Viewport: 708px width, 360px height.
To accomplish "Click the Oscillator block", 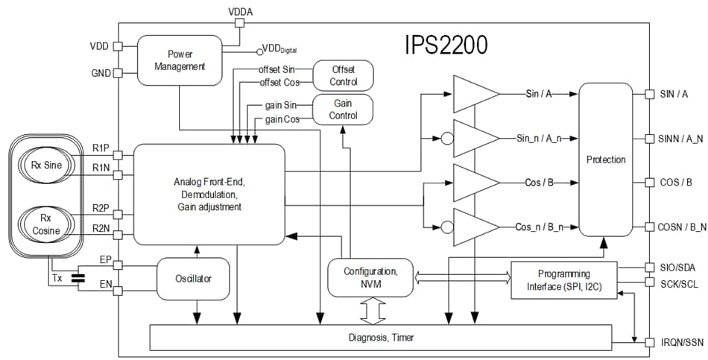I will pyautogui.click(x=194, y=279).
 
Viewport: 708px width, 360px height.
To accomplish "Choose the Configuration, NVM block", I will pyautogui.click(x=370, y=277).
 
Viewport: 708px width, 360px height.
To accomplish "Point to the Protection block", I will pyautogui.click(x=605, y=160).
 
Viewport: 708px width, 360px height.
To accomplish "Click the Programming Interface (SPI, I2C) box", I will pyautogui.click(x=563, y=280).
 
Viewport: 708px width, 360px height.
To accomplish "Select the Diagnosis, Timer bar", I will pyautogui.click(x=381, y=338).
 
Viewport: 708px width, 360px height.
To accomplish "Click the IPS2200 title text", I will pyautogui.click(x=446, y=45).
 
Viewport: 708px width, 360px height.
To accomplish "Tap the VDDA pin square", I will pyautogui.click(x=239, y=22).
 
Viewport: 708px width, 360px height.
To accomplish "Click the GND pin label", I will pyautogui.click(x=100, y=74).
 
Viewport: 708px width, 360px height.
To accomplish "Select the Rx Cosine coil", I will pyautogui.click(x=47, y=225).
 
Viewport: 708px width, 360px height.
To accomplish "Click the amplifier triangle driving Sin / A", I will pyautogui.click(x=475, y=95).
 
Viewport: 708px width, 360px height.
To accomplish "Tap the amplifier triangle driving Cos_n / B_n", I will pyautogui.click(x=475, y=227).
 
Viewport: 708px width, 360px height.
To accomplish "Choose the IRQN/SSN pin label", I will pyautogui.click(x=680, y=342).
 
